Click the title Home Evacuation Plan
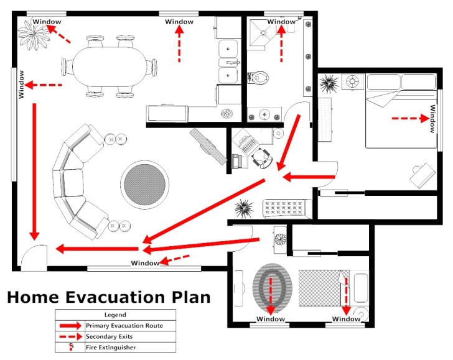pyautogui.click(x=108, y=297)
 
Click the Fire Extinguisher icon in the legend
pyautogui.click(x=72, y=347)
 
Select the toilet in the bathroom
pyautogui.click(x=261, y=78)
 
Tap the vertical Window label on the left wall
pyautogui.click(x=22, y=84)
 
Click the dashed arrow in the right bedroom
pyautogui.click(x=408, y=118)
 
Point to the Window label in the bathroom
pyautogui.click(x=281, y=22)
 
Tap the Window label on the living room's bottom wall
pyautogui.click(x=144, y=263)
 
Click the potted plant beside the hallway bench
pyautogui.click(x=243, y=207)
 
